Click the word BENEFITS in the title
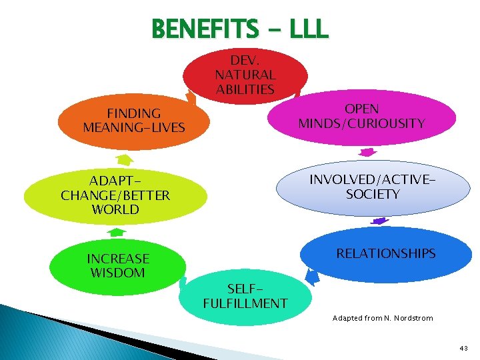tap(204, 29)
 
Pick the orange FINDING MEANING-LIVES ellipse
tap(133, 120)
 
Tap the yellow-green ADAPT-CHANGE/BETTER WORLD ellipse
tap(115, 195)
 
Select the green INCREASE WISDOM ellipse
tap(117, 265)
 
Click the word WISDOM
tap(117, 273)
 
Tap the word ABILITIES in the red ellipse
tap(245, 89)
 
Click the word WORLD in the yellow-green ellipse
tap(115, 209)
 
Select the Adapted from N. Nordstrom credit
tap(383, 318)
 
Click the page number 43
tap(463, 348)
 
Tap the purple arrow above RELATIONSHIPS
tap(379, 220)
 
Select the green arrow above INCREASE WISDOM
tap(117, 232)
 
